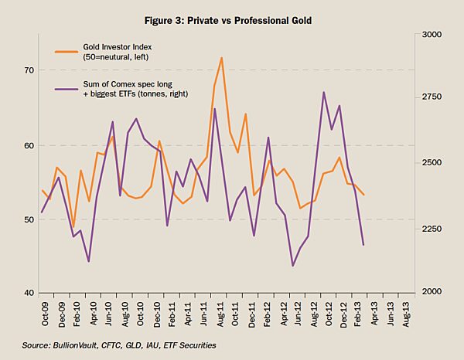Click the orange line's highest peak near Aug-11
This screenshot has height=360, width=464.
221,58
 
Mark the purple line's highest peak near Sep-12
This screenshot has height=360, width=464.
323,93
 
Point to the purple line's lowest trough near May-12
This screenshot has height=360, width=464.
293,266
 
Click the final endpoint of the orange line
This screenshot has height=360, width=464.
363,194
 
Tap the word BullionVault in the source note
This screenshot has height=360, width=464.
73,345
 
